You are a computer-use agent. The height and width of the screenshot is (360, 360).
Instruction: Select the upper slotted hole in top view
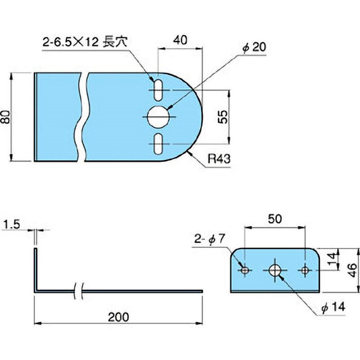tap(158, 90)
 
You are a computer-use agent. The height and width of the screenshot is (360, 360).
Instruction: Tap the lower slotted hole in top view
tap(158, 144)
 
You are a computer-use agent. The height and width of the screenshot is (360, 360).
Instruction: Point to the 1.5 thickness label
tap(10, 224)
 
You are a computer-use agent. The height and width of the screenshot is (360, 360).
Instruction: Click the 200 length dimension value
tap(119, 317)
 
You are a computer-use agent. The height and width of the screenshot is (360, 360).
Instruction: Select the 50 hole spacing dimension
tap(275, 219)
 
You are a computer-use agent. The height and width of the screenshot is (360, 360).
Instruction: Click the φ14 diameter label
tap(333, 307)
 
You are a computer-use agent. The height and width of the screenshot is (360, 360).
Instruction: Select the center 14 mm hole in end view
tap(275, 270)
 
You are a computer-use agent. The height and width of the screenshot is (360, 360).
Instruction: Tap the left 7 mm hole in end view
tap(245, 270)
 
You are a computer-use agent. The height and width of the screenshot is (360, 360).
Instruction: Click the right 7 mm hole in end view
tap(306, 270)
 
